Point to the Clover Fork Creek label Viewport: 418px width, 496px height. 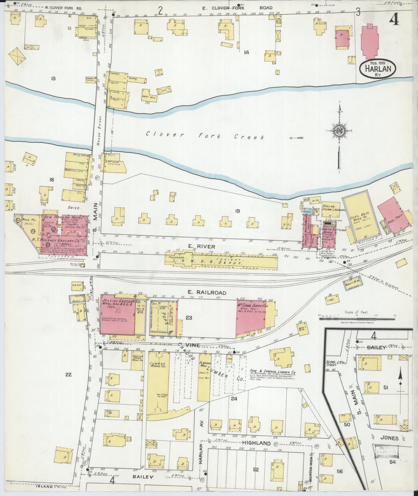click(x=205, y=135)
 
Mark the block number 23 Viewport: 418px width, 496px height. click(x=189, y=317)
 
